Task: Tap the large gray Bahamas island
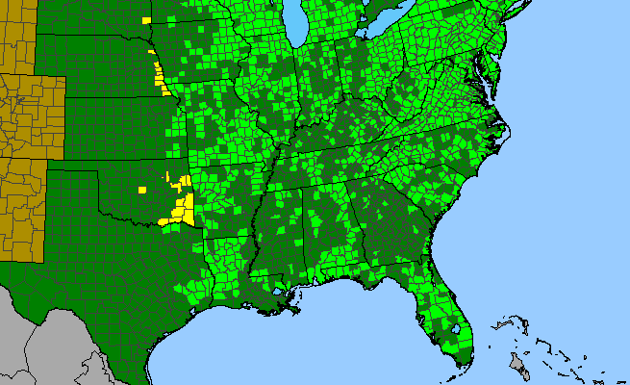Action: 517,364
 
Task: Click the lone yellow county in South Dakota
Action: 146,20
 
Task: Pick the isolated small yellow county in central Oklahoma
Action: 142,190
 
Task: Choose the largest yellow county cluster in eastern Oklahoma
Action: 179,211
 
